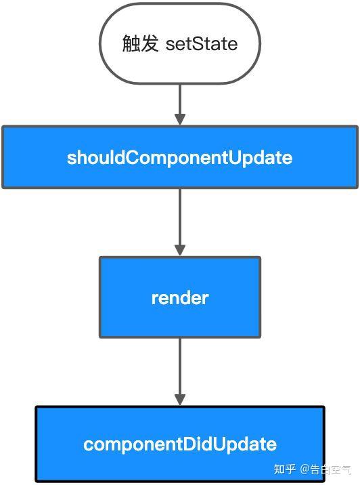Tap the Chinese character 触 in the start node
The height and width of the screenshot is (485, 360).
point(131,45)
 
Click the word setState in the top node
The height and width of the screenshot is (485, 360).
point(202,45)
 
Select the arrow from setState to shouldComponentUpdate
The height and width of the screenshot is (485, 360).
point(180,102)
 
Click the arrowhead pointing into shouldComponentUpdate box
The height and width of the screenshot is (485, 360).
point(180,119)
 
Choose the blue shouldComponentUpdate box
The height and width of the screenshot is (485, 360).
point(180,157)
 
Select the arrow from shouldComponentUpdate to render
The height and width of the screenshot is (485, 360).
point(180,220)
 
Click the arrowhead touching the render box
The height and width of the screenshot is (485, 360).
point(180,250)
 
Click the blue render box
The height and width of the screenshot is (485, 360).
point(180,297)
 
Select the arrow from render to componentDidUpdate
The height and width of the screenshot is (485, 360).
point(180,369)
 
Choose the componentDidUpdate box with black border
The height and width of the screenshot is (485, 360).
point(180,444)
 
